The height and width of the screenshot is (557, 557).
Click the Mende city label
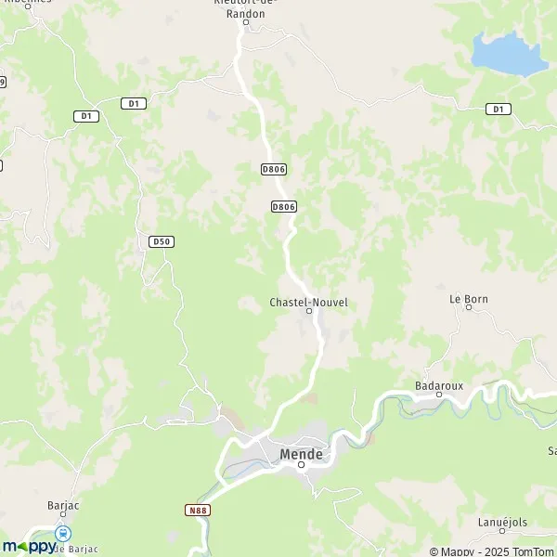click(301, 454)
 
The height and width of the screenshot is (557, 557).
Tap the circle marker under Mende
click(301, 465)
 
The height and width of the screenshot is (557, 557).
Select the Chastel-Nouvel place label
click(308, 302)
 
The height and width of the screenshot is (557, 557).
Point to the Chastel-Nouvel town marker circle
click(309, 312)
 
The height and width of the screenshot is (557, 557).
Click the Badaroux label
click(438, 383)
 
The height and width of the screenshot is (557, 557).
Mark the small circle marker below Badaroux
click(439, 394)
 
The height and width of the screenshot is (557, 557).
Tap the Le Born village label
click(468, 299)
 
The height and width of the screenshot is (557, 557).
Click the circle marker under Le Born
click(469, 310)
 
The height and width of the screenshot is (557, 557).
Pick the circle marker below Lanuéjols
click(500, 533)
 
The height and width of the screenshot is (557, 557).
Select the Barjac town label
click(63, 506)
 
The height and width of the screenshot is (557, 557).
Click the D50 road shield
click(161, 241)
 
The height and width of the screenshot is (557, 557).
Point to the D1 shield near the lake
click(498, 110)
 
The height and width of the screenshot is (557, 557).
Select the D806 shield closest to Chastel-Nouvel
click(284, 206)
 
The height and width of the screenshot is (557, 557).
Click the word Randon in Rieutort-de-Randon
click(247, 15)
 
